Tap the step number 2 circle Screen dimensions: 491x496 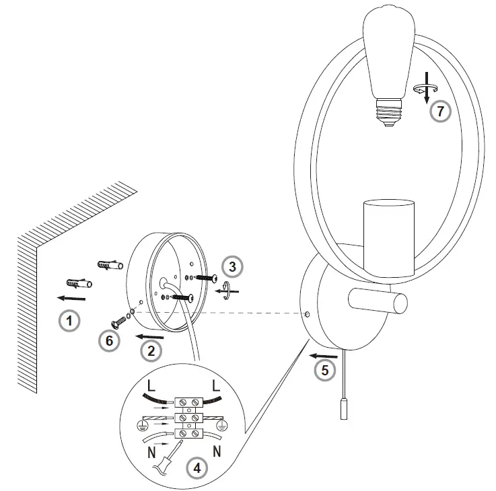pyautogui.click(x=151, y=350)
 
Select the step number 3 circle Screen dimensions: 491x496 pyautogui.click(x=232, y=267)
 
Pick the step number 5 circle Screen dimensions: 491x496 pyautogui.click(x=325, y=369)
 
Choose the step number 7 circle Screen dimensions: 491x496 pyautogui.click(x=440, y=111)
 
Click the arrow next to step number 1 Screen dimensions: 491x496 pyautogui.click(x=71, y=297)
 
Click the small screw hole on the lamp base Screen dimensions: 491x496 pyautogui.click(x=307, y=313)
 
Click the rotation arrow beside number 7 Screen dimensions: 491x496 pyautogui.click(x=423, y=89)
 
